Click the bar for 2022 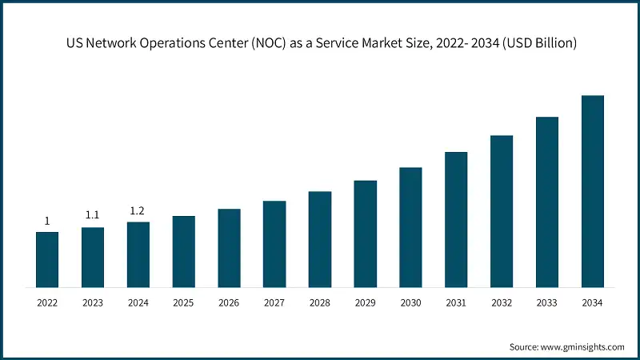(47, 259)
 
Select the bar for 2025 (183, 251)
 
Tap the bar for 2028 (320, 239)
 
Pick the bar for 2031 (456, 219)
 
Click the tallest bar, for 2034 (592, 191)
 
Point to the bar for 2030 (410, 227)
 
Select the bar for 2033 (547, 202)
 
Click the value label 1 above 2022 (47, 221)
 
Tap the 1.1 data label (93, 215)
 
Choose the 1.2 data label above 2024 (138, 210)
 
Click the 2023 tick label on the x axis (93, 303)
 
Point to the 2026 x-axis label (229, 303)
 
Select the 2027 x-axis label (274, 303)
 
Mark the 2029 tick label (365, 303)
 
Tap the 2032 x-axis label (502, 303)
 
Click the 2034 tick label (592, 303)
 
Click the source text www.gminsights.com (582, 346)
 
